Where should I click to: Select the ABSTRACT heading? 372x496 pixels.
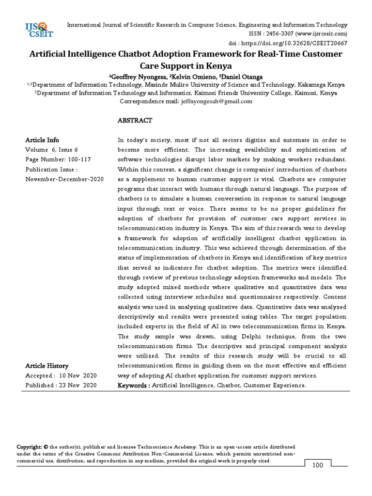(x=135, y=120)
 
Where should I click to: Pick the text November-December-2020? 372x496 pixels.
(x=64, y=179)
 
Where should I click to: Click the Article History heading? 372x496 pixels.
(x=46, y=366)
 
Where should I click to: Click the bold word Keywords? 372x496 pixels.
(x=134, y=385)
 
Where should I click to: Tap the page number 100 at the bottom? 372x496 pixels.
(x=317, y=465)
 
